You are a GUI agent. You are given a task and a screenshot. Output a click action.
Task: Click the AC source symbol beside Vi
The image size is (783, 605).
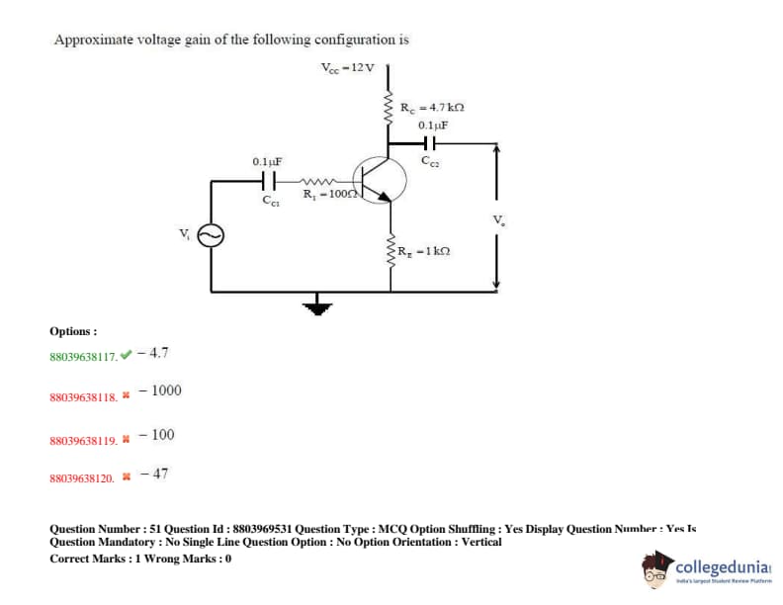point(211,235)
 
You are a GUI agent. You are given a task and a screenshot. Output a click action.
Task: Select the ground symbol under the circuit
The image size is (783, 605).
point(318,305)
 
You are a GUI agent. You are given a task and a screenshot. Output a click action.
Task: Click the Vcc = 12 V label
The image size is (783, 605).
point(348,67)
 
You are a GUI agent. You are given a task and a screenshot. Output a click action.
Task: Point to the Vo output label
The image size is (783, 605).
point(511,219)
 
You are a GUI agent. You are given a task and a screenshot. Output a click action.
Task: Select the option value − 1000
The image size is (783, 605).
point(160,390)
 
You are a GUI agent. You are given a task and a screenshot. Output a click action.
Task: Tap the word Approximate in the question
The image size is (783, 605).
point(90,41)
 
